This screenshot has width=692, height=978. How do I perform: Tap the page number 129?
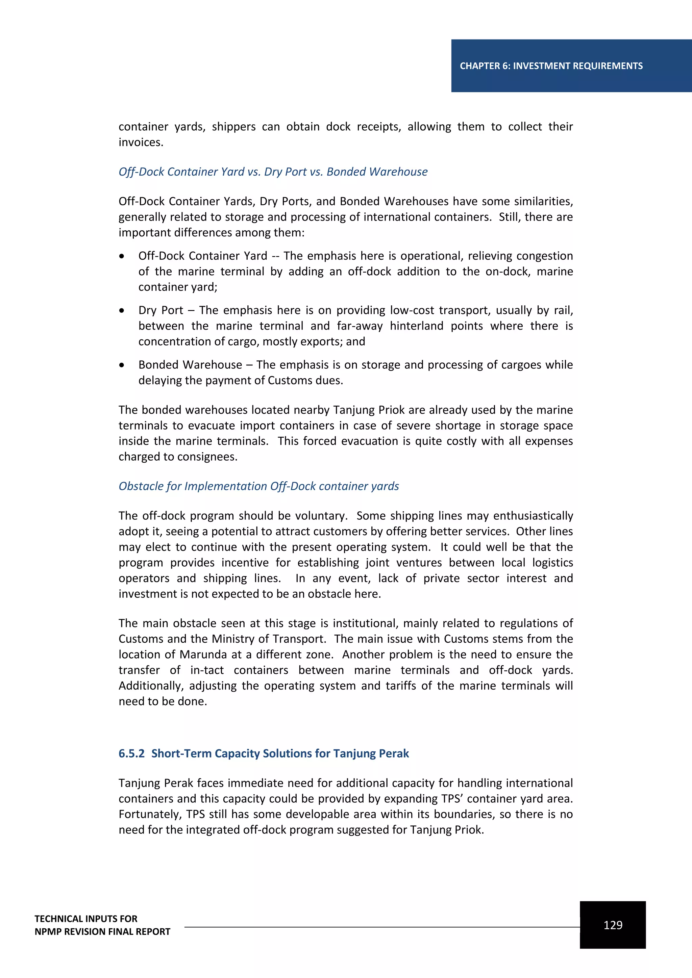point(613,925)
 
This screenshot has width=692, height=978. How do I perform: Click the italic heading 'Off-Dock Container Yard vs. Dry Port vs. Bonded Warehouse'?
point(273,172)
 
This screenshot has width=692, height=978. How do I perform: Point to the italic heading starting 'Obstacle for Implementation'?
point(258,486)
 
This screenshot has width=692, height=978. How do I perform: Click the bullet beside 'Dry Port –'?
point(122,311)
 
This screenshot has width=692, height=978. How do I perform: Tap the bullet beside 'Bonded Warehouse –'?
point(122,365)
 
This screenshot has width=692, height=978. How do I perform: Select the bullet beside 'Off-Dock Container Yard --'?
point(122,256)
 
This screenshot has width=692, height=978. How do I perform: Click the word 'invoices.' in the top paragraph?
point(141,142)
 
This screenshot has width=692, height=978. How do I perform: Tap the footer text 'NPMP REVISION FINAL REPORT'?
point(102,932)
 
